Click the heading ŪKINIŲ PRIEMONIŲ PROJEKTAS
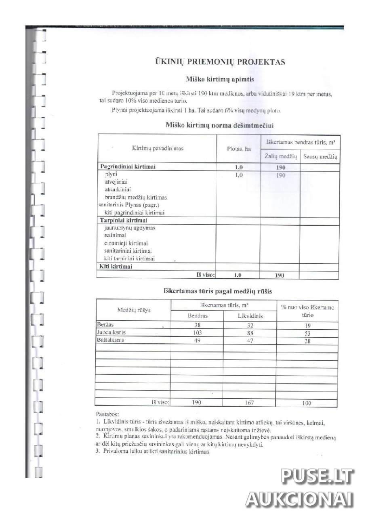(x=220, y=62)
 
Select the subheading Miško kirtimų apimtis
(x=219, y=79)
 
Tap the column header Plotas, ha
(x=239, y=149)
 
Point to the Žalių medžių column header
(x=281, y=156)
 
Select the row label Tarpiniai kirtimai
(x=123, y=221)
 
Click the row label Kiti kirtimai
(x=116, y=267)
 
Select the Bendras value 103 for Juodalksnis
(x=198, y=333)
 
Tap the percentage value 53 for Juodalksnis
(x=308, y=333)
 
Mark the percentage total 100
(x=308, y=403)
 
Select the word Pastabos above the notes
(x=107, y=414)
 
